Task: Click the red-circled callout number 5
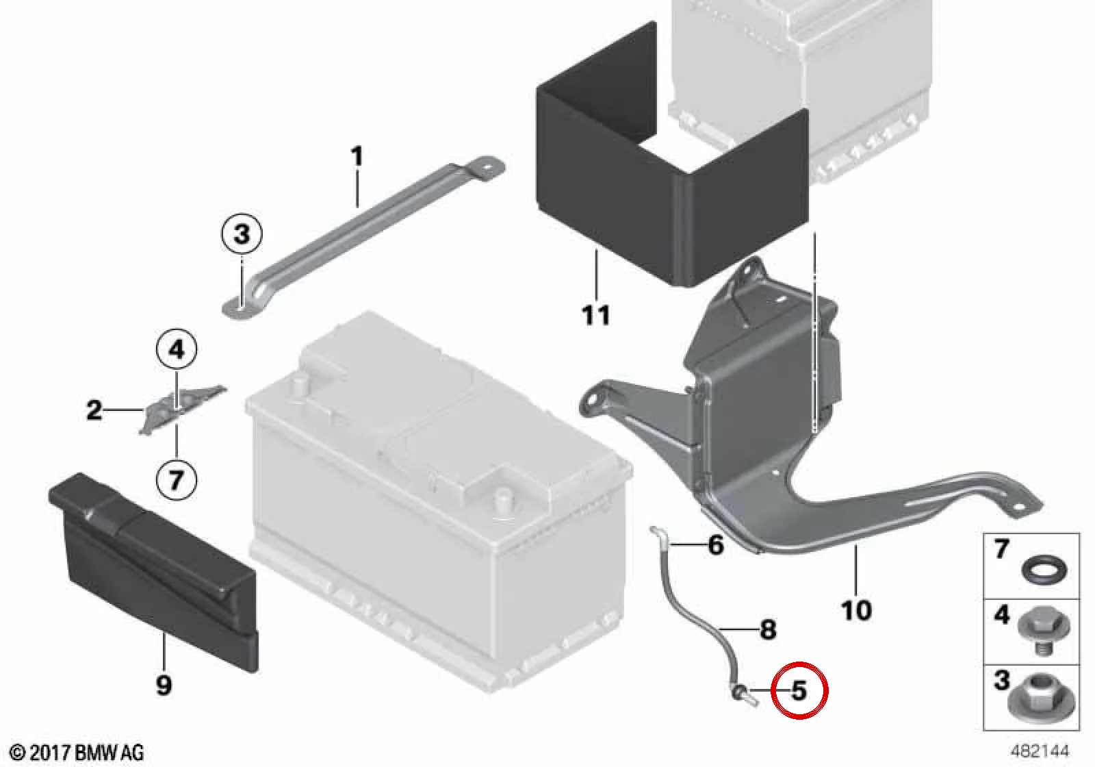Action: click(799, 691)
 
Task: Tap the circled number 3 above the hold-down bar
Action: click(242, 234)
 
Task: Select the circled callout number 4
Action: click(177, 349)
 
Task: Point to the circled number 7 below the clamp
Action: click(177, 479)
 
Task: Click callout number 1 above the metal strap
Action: click(357, 156)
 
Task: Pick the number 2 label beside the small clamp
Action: click(94, 410)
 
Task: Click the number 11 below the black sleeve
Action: click(596, 315)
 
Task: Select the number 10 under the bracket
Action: click(856, 610)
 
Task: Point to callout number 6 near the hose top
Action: click(716, 544)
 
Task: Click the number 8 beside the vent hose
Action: click(768, 629)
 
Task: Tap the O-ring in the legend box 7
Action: click(1044, 571)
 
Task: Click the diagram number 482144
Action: click(1040, 751)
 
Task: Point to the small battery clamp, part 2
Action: click(182, 410)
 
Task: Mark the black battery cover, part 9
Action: click(153, 573)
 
